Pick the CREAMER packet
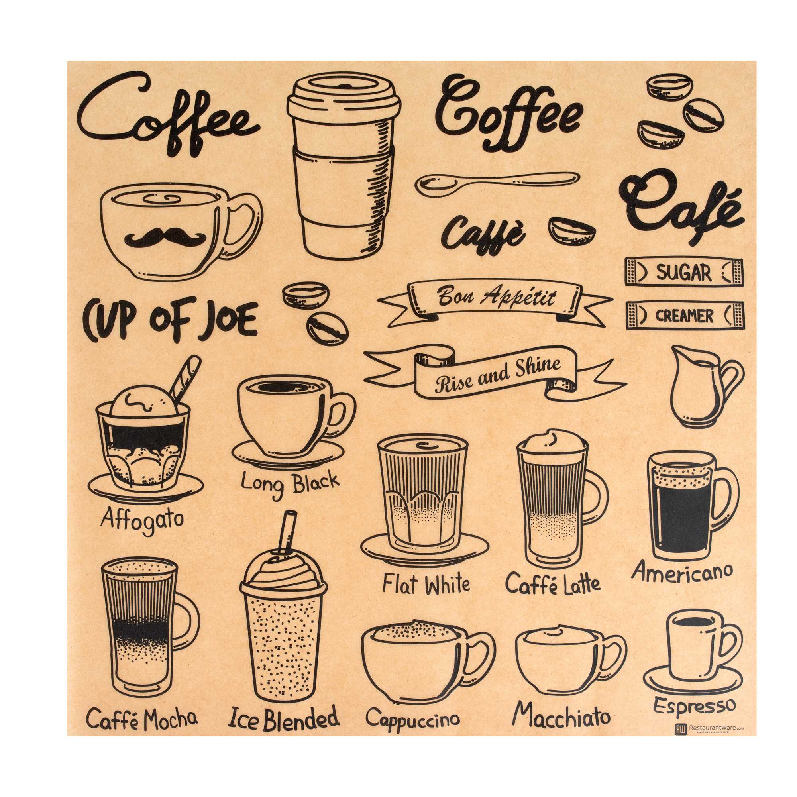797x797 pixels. pos(684,316)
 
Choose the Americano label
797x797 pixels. pos(682,572)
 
